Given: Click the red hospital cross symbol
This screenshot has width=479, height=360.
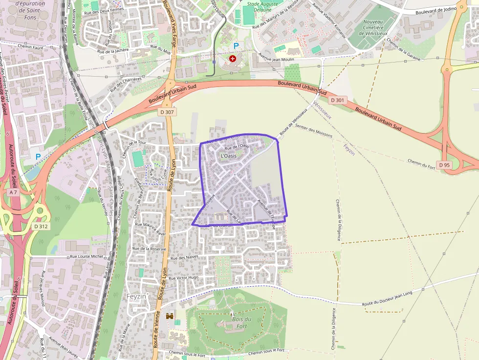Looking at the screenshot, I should [233, 58].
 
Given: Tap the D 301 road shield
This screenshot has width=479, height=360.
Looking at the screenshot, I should [337, 100].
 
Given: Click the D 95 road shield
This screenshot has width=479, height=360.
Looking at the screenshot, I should [444, 165].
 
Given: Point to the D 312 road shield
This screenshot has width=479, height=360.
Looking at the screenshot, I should [41, 226].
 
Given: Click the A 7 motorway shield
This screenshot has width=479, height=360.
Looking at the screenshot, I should [13, 192].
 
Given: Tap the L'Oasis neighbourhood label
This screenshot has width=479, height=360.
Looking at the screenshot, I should [229, 155].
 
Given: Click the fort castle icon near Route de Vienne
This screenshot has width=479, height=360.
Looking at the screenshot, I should [170, 316].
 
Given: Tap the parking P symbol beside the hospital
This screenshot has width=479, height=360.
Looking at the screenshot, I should [236, 46].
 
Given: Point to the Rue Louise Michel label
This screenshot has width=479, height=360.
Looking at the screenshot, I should [87, 255].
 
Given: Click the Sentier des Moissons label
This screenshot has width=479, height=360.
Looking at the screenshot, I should [314, 130].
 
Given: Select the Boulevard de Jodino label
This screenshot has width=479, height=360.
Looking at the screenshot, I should [435, 11].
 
